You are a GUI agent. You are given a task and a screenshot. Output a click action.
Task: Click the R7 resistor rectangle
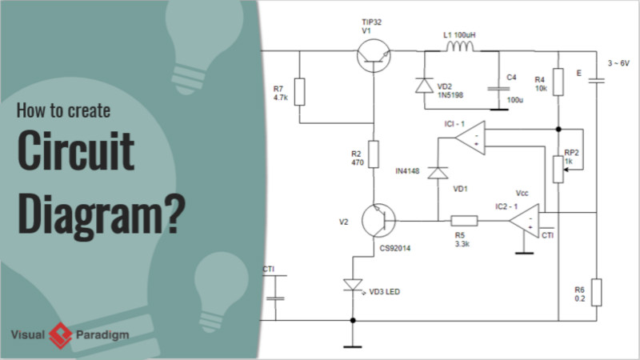click(299, 91)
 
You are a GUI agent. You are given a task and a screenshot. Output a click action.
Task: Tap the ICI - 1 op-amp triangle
click(471, 139)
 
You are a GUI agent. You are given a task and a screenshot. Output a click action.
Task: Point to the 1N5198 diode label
click(450, 95)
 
